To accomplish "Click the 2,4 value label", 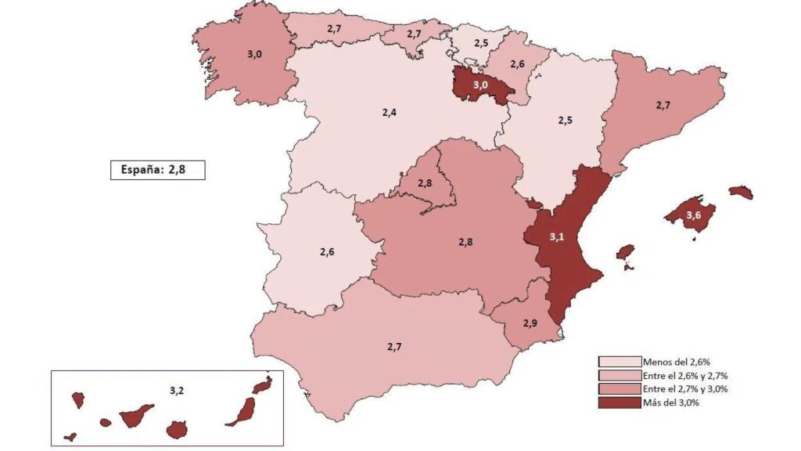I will [389, 113].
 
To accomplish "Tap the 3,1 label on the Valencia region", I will [556, 236].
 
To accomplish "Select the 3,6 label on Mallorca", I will [693, 215].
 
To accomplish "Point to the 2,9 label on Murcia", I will [530, 323].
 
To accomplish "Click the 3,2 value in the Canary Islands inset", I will [176, 388].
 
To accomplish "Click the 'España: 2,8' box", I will [157, 170].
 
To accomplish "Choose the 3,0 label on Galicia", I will [255, 54].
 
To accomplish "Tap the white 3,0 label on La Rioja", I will [479, 85].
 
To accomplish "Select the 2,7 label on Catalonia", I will [663, 104].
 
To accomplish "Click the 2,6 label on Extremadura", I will [326, 251].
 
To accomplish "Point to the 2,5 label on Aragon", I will [565, 121].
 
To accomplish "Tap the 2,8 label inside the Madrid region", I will [424, 183].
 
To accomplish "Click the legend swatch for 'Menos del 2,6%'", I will [620, 362].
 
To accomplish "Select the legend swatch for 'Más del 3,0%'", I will [620, 403].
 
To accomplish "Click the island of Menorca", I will [740, 192].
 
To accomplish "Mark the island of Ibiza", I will [624, 252].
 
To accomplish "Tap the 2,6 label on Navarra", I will [517, 64].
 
